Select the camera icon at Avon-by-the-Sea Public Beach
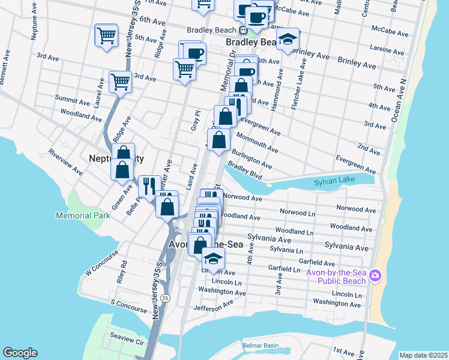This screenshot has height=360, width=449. [x=376, y=275]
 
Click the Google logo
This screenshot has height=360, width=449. [x=20, y=353]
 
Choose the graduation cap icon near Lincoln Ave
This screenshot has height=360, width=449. [x=212, y=258]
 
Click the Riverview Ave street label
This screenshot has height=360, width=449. [x=66, y=162]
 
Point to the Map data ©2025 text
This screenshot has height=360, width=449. [x=423, y=355]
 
